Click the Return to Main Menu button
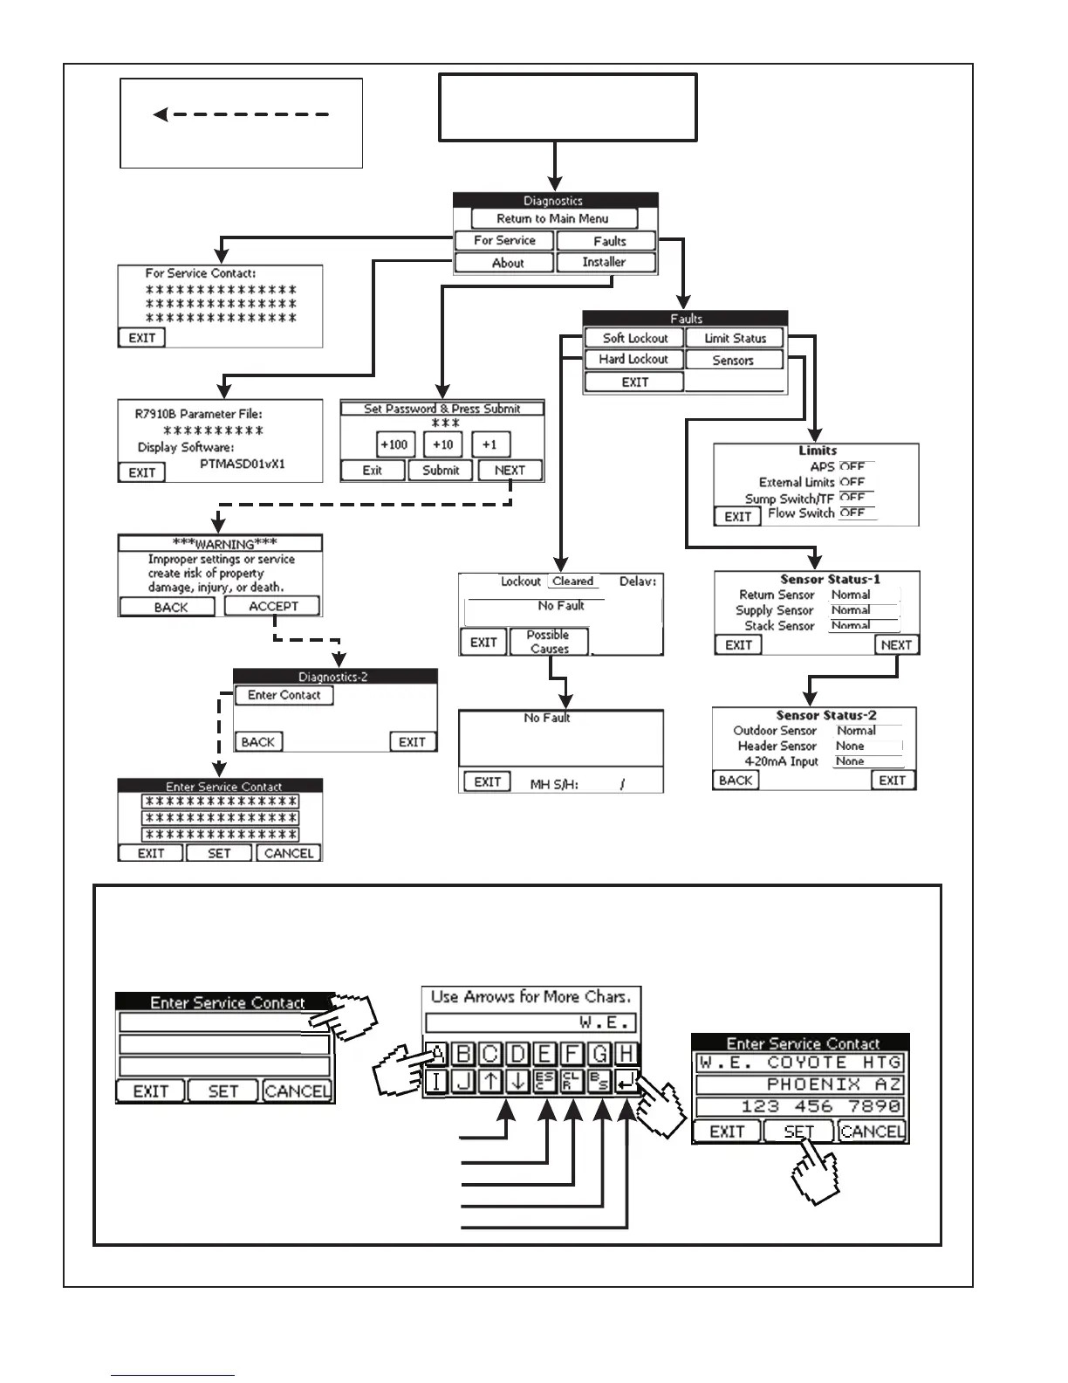click(553, 218)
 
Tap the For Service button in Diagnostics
click(504, 240)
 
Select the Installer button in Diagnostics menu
click(604, 262)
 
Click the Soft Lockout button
click(634, 338)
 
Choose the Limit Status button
click(735, 338)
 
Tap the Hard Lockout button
click(633, 359)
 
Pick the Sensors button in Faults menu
click(733, 360)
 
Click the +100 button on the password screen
click(394, 444)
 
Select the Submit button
click(441, 470)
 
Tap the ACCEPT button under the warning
click(273, 606)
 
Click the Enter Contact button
click(284, 695)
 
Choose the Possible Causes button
click(549, 642)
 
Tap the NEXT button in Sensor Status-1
click(896, 644)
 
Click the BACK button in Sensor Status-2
click(736, 780)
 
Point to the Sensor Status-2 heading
click(826, 715)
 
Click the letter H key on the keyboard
click(626, 1054)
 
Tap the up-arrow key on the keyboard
click(490, 1082)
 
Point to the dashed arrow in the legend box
click(241, 114)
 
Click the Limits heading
click(818, 451)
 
